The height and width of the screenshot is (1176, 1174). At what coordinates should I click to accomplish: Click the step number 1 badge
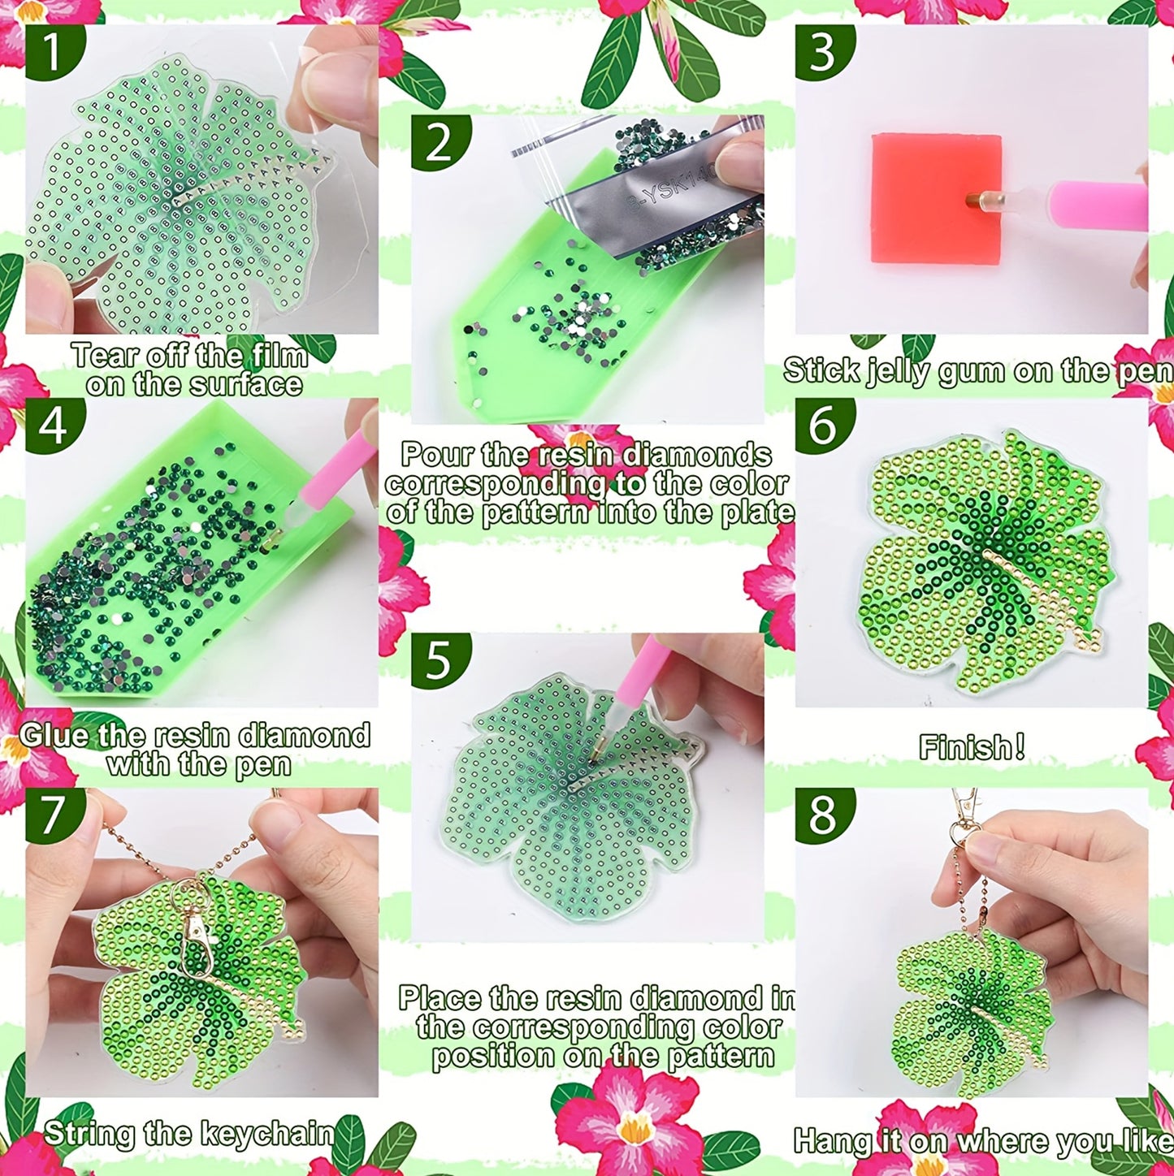coord(52,52)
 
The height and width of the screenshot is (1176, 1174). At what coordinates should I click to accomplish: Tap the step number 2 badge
coord(439,141)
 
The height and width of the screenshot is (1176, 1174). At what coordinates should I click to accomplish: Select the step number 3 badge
coord(822,52)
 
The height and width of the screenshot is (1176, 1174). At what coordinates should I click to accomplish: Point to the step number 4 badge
coord(52,425)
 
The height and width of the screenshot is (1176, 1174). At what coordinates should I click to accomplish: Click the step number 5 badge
coord(439,660)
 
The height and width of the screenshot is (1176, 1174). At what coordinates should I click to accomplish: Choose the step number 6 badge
coord(822,425)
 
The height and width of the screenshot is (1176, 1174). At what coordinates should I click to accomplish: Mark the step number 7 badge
coord(52,815)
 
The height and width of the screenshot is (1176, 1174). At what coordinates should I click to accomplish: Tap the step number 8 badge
coord(822,815)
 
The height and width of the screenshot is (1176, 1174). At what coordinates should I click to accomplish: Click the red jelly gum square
coord(934,199)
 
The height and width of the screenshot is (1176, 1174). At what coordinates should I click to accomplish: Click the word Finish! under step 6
coord(971,747)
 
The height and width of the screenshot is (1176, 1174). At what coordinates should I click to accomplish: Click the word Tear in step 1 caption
coord(101,356)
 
